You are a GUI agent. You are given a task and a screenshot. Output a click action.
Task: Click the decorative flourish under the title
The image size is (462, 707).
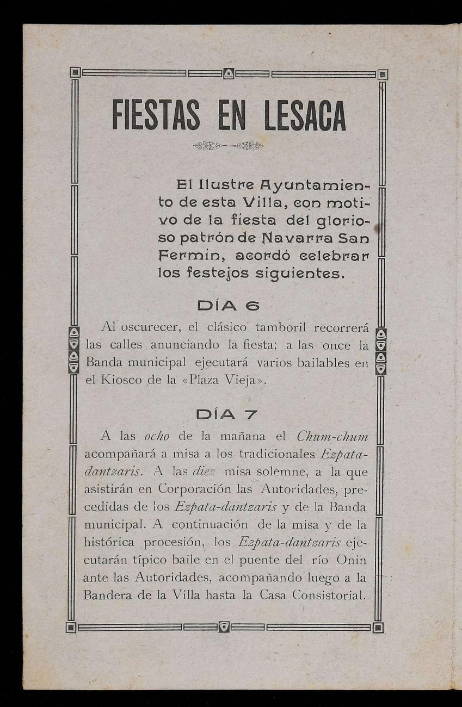(228, 146)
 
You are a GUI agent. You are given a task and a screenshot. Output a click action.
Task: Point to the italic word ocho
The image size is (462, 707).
(158, 437)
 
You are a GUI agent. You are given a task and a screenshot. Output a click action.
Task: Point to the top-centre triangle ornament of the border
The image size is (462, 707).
(229, 73)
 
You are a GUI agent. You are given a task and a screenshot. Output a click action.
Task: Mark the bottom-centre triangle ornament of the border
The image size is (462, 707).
(224, 627)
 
